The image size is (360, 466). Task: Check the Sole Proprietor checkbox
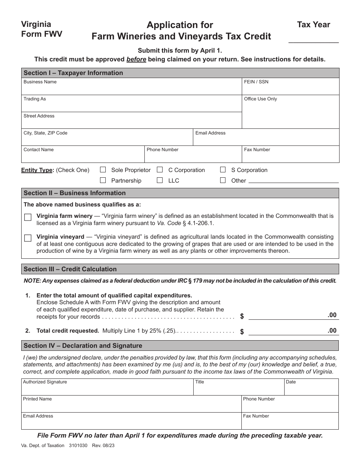(x=103, y=170)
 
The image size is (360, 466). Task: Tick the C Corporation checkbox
(x=160, y=170)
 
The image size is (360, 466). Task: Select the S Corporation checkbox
(x=223, y=170)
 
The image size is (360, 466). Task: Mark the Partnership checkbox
(x=103, y=180)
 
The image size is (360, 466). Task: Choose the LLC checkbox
(x=160, y=180)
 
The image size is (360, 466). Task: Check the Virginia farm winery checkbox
(x=28, y=217)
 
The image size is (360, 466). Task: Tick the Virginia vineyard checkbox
(x=28, y=238)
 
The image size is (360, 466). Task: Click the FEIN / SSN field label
(x=256, y=82)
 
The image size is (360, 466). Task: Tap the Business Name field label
(x=40, y=82)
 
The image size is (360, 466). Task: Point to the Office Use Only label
(x=260, y=99)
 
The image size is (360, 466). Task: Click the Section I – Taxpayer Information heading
(x=73, y=73)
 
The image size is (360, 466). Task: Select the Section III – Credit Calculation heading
(x=70, y=269)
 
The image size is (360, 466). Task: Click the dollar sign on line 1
(x=242, y=316)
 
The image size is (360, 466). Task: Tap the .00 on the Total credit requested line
(x=332, y=330)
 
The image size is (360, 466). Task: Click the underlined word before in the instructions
(x=136, y=59)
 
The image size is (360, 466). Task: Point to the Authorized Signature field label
(x=45, y=382)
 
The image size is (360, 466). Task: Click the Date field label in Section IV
(x=291, y=382)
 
